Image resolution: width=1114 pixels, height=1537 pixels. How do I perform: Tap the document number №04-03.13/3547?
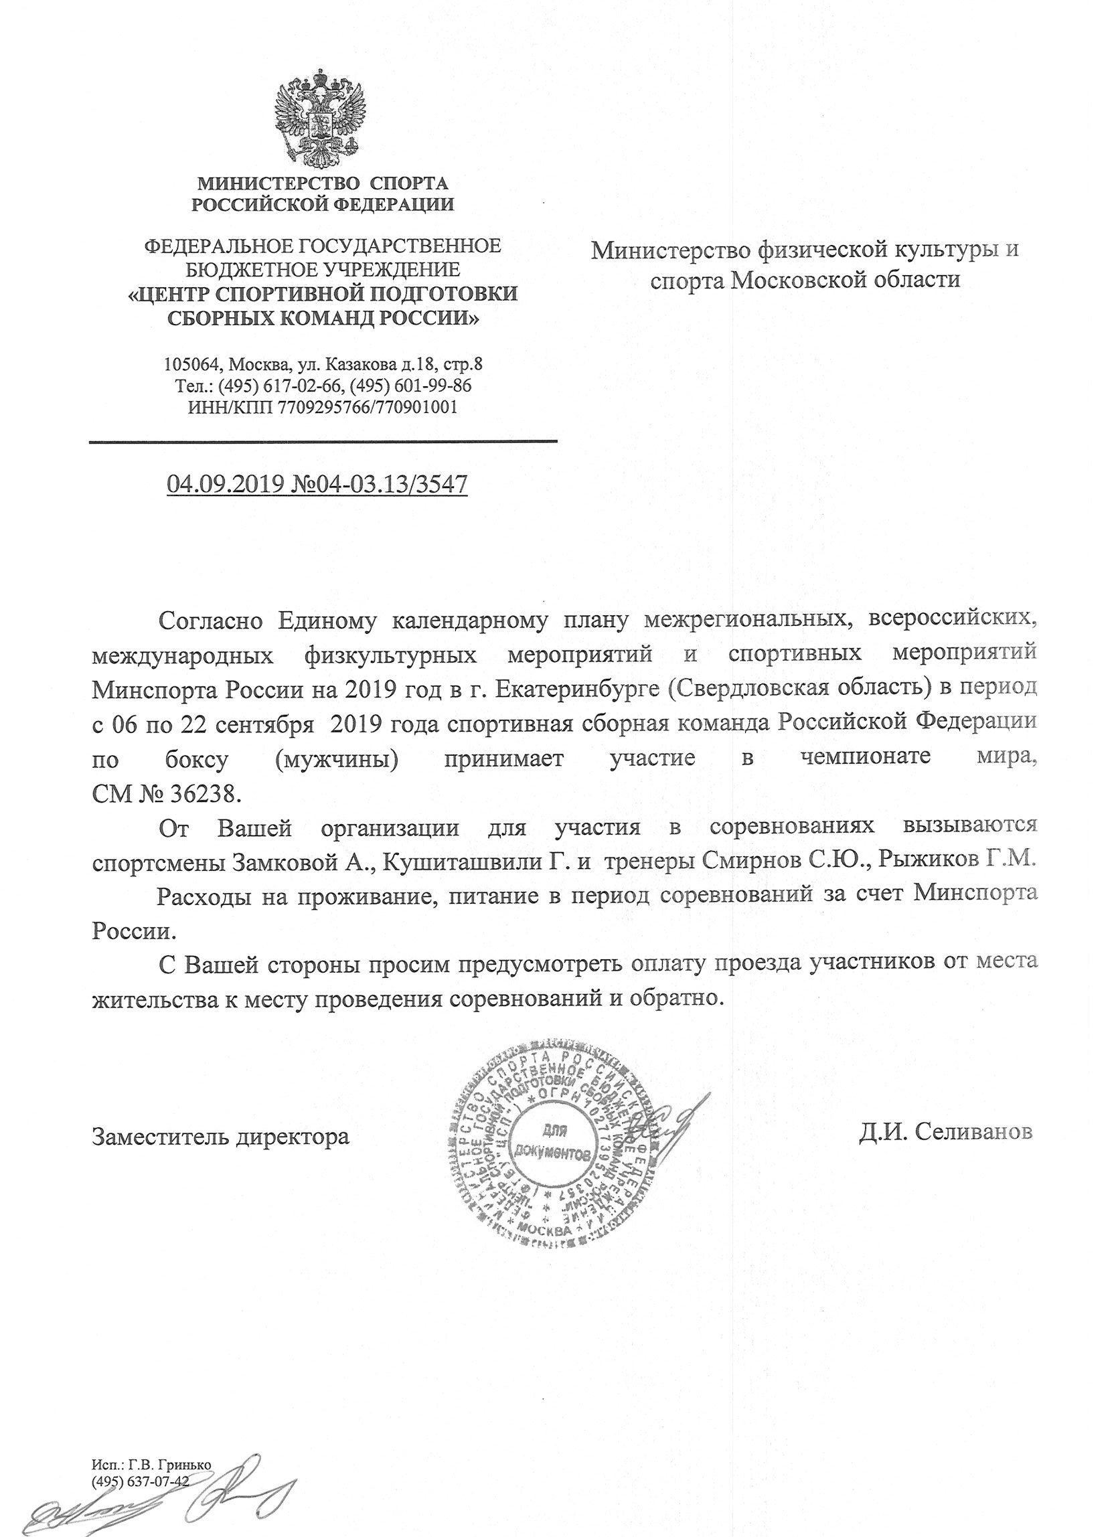coord(378,485)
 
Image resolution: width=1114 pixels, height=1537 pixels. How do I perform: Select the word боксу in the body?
coord(196,759)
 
